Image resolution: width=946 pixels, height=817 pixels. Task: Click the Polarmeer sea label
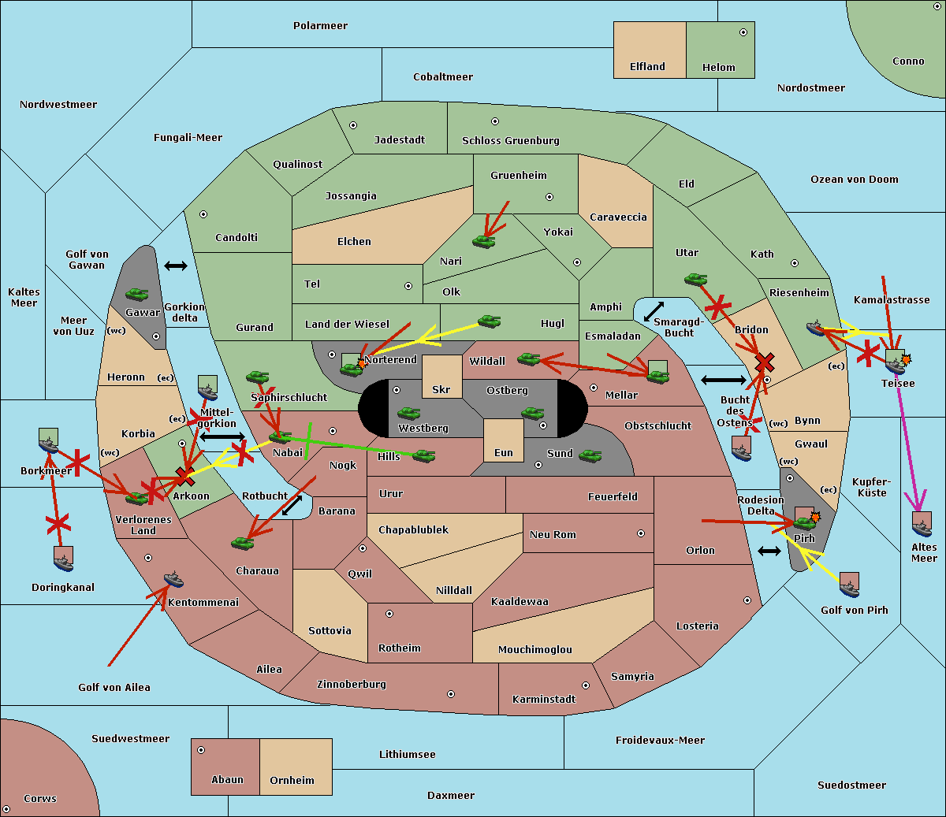click(x=320, y=26)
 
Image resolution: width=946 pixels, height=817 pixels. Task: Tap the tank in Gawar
click(x=137, y=294)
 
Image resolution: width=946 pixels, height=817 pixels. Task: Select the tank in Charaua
click(x=243, y=543)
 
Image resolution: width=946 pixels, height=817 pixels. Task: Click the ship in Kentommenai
click(x=174, y=578)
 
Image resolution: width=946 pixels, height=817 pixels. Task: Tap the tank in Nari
click(x=484, y=241)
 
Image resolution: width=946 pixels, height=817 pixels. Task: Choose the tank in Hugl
click(x=490, y=321)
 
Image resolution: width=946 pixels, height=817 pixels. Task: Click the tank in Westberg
click(x=408, y=414)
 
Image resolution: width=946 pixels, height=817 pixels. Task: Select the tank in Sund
click(x=590, y=455)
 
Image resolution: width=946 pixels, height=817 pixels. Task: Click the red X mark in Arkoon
click(x=185, y=477)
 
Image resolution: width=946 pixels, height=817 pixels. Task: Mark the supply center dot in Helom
click(x=743, y=32)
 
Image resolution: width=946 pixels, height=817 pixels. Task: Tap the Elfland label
click(x=647, y=67)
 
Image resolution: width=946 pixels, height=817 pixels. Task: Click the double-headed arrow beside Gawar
click(x=176, y=266)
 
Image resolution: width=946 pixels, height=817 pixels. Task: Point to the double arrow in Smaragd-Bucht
click(x=654, y=311)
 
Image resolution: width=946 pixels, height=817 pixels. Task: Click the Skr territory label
click(x=441, y=389)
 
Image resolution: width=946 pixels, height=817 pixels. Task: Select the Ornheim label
click(x=292, y=780)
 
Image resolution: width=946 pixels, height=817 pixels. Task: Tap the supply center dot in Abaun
click(x=201, y=750)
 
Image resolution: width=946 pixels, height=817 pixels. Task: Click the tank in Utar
click(x=695, y=279)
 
